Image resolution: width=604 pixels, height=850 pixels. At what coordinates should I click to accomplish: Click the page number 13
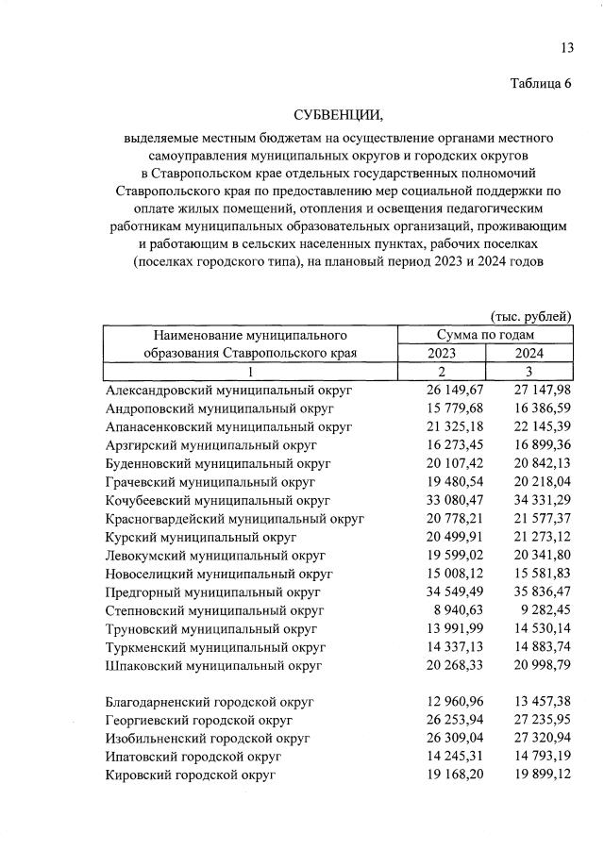566,47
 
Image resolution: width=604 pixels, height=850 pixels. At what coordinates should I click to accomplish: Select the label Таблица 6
541,83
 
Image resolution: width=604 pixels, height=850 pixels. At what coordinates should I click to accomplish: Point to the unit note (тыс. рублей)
530,315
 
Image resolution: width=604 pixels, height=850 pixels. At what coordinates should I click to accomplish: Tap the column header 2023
441,353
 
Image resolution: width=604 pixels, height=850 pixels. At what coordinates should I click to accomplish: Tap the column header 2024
528,353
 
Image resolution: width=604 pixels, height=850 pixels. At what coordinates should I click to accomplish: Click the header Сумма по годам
485,334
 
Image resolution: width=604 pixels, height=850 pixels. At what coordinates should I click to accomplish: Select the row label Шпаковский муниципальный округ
214,665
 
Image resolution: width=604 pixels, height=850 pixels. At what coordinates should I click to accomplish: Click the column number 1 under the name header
249,372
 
